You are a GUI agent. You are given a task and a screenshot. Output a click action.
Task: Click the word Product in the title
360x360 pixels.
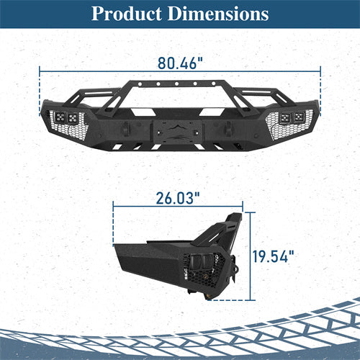128,14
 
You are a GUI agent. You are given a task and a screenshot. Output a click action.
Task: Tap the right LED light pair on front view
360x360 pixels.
293,117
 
